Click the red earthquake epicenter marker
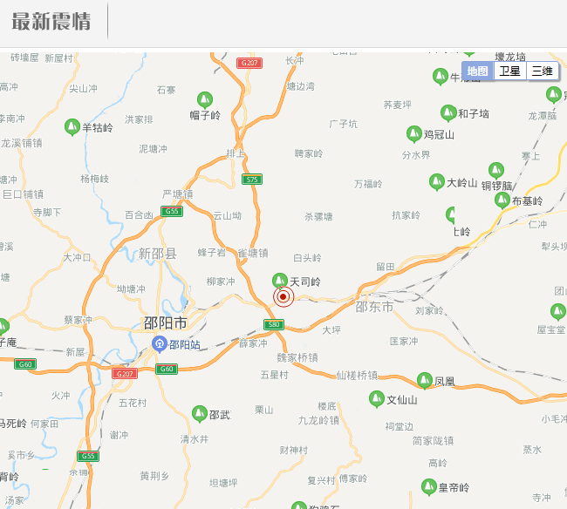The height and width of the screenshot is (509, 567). tap(283, 297)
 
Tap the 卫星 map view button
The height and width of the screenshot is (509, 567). tap(509, 71)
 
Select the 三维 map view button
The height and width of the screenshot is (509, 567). tap(542, 71)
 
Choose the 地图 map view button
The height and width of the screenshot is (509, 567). tap(477, 71)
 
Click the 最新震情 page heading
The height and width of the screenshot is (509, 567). tap(51, 22)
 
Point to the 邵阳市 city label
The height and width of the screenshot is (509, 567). tap(165, 323)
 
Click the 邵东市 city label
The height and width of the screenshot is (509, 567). tap(375, 308)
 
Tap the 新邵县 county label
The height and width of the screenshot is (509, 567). tap(157, 254)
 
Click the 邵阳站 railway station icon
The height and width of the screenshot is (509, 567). tap(160, 344)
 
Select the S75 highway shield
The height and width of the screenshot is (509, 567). tap(252, 180)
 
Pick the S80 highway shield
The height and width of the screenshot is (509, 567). tap(274, 325)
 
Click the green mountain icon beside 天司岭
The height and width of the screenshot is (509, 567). tap(280, 280)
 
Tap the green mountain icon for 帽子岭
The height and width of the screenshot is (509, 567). tap(205, 100)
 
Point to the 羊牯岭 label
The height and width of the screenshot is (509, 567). tap(97, 127)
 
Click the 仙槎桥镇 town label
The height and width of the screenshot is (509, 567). tap(357, 376)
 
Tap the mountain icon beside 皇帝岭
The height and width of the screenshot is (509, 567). tap(428, 486)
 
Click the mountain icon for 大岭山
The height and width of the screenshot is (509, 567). tap(437, 182)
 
